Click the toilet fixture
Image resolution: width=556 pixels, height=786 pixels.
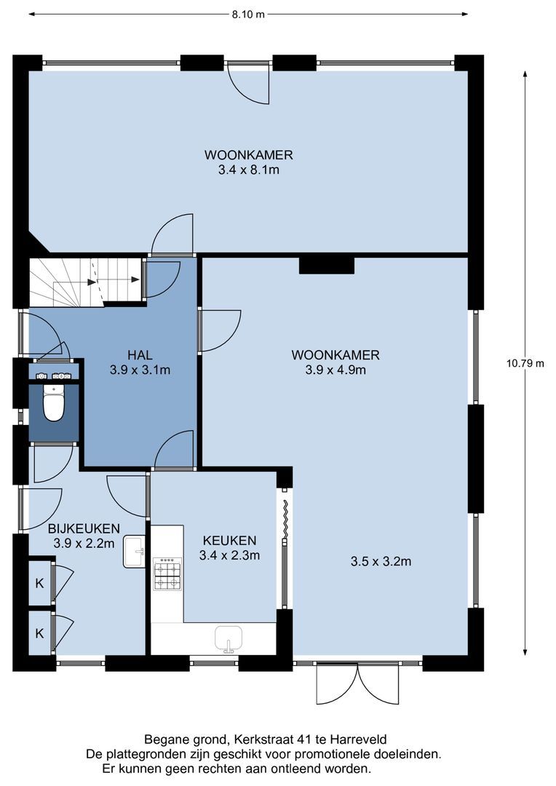click(x=54, y=402)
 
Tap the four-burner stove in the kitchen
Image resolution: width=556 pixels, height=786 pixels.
click(x=167, y=574)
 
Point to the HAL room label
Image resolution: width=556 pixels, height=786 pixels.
click(x=140, y=355)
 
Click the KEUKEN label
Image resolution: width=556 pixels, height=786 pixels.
click(x=230, y=540)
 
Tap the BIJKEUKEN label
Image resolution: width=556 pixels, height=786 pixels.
click(x=84, y=528)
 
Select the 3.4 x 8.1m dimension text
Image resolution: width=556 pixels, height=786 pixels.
click(x=249, y=170)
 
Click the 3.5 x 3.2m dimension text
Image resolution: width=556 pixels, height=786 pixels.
click(x=381, y=561)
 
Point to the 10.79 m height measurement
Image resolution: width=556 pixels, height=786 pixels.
click(x=525, y=363)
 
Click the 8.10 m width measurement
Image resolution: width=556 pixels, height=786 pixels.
click(x=248, y=15)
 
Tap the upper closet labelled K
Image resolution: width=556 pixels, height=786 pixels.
click(x=39, y=584)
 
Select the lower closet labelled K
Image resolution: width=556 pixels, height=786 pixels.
click(x=39, y=633)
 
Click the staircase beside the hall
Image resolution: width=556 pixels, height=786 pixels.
click(x=85, y=282)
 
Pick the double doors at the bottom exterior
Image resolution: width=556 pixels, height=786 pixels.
click(x=357, y=684)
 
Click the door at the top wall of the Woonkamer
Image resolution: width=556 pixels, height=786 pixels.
click(x=249, y=83)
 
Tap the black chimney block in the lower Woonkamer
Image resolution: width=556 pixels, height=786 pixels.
click(x=327, y=265)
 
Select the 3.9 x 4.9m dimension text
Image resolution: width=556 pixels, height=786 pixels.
click(x=335, y=370)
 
